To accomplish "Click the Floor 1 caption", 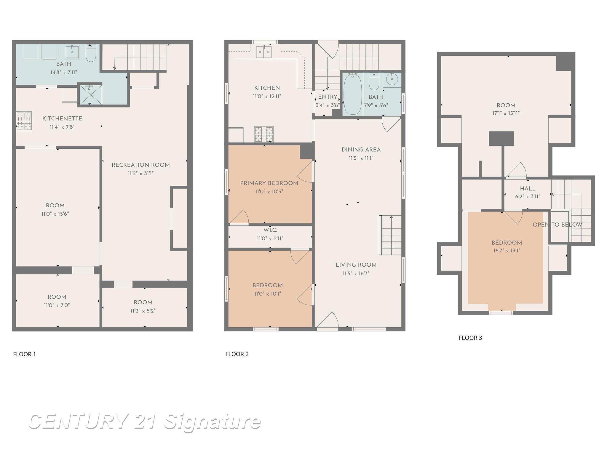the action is click(24, 354).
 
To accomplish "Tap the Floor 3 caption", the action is click(470, 338).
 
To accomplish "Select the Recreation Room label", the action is click(140, 165).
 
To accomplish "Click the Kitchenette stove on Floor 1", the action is click(24, 121).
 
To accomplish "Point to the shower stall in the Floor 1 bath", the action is click(90, 94).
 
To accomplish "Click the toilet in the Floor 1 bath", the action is click(91, 53).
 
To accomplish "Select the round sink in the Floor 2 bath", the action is click(392, 79).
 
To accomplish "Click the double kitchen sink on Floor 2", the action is click(264, 52).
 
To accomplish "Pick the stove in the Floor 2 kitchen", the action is click(264, 134).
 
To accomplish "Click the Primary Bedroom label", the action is click(269, 183).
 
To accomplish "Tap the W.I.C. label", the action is click(270, 230).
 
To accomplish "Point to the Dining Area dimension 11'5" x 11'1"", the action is click(361, 158).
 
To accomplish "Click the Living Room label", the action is click(356, 265).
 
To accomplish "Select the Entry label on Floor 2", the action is click(328, 97).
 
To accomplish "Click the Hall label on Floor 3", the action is click(528, 189).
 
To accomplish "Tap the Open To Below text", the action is click(558, 225).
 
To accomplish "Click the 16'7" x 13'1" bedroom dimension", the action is click(507, 251).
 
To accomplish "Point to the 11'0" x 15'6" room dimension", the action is click(55, 214).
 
